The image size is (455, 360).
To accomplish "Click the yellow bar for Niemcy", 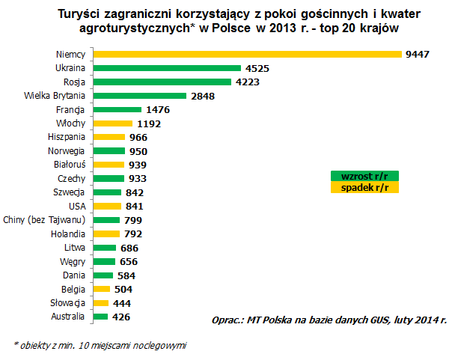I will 247,54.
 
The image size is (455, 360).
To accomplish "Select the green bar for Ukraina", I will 166,68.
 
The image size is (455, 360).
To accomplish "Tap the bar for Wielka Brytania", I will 139,96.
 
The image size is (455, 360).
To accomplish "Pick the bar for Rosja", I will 162,82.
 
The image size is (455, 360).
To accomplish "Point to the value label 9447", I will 417,55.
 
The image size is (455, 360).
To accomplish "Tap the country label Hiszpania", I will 66,137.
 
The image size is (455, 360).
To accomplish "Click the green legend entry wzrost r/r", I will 365,177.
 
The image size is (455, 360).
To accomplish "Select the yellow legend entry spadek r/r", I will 365,187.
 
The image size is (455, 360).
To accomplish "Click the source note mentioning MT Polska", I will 329,319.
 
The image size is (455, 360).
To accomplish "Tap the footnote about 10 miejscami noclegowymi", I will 100,345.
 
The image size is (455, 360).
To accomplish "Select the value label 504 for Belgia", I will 124,290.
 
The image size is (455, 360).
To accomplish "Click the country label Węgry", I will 73,261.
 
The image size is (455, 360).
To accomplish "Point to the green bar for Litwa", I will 105,248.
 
